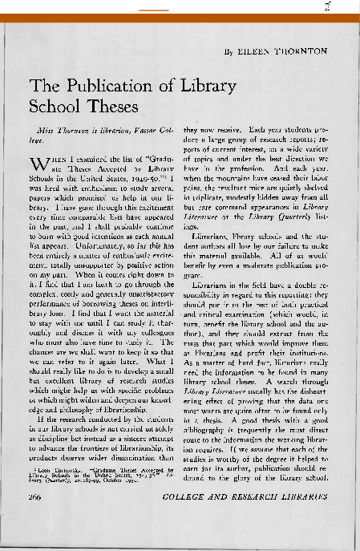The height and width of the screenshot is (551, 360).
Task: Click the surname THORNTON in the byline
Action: pos(298,51)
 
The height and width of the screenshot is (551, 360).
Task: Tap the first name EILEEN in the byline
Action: pos(253,51)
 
